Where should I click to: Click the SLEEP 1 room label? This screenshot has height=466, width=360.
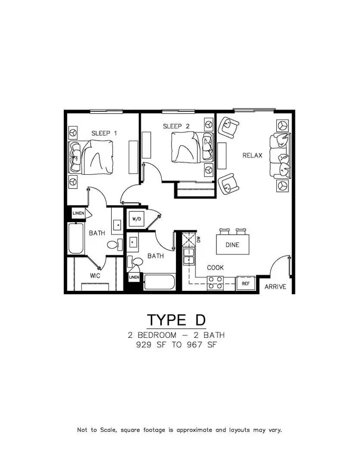point(104,133)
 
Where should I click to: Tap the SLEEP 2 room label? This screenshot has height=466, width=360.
point(176,126)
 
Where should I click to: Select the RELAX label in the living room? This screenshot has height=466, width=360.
point(252,155)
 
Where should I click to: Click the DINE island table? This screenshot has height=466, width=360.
point(232,245)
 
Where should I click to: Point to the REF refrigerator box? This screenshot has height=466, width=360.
point(246,283)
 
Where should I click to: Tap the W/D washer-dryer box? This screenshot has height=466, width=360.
point(136,219)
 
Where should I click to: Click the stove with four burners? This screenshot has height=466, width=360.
point(215,283)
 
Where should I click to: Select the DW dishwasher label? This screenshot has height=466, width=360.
point(199,239)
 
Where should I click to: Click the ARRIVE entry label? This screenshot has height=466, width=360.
point(275,287)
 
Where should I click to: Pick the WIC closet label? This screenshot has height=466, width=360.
point(95,275)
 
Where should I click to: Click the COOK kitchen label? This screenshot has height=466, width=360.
point(215,268)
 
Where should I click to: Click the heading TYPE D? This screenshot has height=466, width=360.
point(176,320)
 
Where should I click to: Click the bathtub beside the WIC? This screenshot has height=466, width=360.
point(76,239)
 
